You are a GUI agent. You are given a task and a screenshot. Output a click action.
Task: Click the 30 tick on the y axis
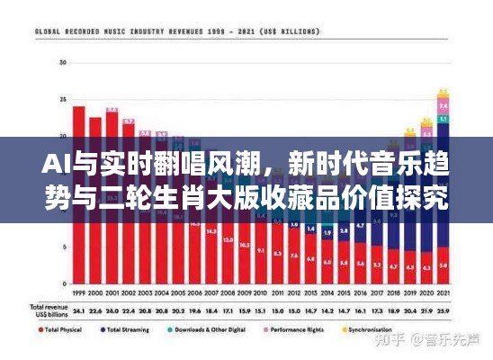62,62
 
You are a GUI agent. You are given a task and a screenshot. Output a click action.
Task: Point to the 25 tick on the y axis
62,99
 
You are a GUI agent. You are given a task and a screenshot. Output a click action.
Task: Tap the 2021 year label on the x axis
444,293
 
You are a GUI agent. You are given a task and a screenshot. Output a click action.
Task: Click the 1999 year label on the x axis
78,293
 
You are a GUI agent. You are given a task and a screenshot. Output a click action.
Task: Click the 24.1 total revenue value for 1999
78,310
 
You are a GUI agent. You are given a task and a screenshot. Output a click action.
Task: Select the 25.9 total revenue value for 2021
444,310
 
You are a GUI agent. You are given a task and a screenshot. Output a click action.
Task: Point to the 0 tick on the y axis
64,283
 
